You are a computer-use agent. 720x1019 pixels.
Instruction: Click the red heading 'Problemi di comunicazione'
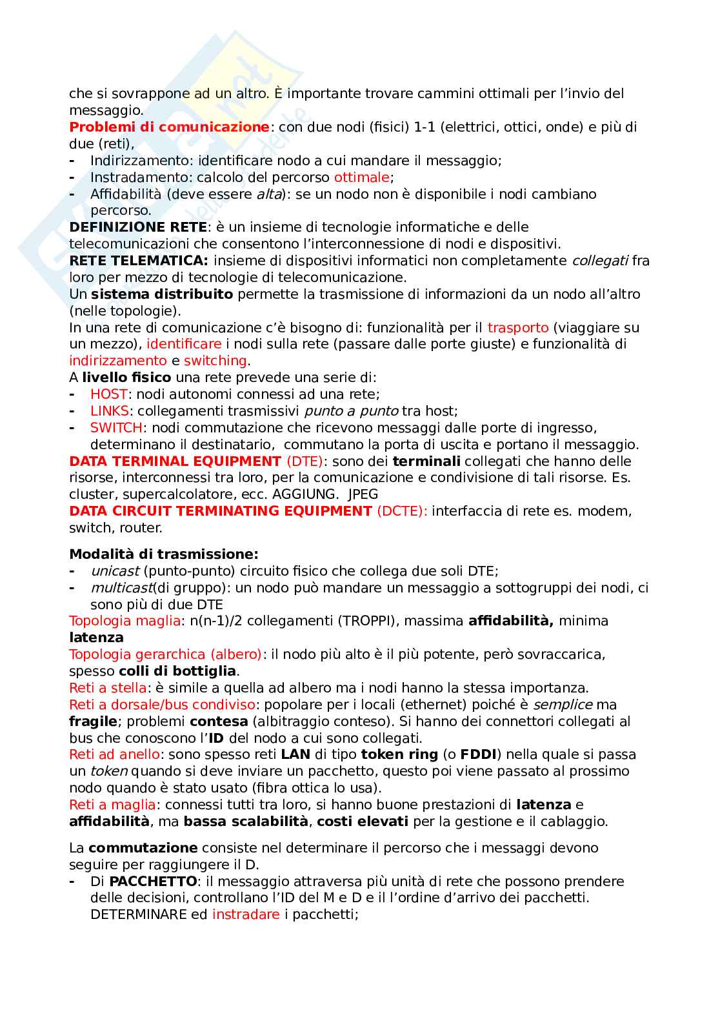(169, 127)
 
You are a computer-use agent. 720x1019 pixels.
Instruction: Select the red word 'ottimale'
(361, 177)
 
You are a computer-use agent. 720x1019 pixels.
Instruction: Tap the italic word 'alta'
(269, 194)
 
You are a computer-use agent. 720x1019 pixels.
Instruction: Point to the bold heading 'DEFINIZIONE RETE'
(138, 227)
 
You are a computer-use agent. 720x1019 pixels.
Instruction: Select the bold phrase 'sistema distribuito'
(162, 294)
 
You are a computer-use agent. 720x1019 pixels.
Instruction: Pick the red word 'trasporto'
(517, 328)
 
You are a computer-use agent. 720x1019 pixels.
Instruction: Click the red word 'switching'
(215, 361)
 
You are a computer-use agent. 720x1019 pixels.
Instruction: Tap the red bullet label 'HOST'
(109, 394)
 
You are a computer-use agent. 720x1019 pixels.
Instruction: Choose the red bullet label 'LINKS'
(110, 411)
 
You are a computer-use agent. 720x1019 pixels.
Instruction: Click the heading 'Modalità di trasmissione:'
(164, 554)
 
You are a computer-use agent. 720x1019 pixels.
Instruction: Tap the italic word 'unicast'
(115, 571)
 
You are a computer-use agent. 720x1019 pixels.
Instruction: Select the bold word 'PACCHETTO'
(153, 882)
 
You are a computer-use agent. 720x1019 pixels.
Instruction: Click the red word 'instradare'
(246, 914)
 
